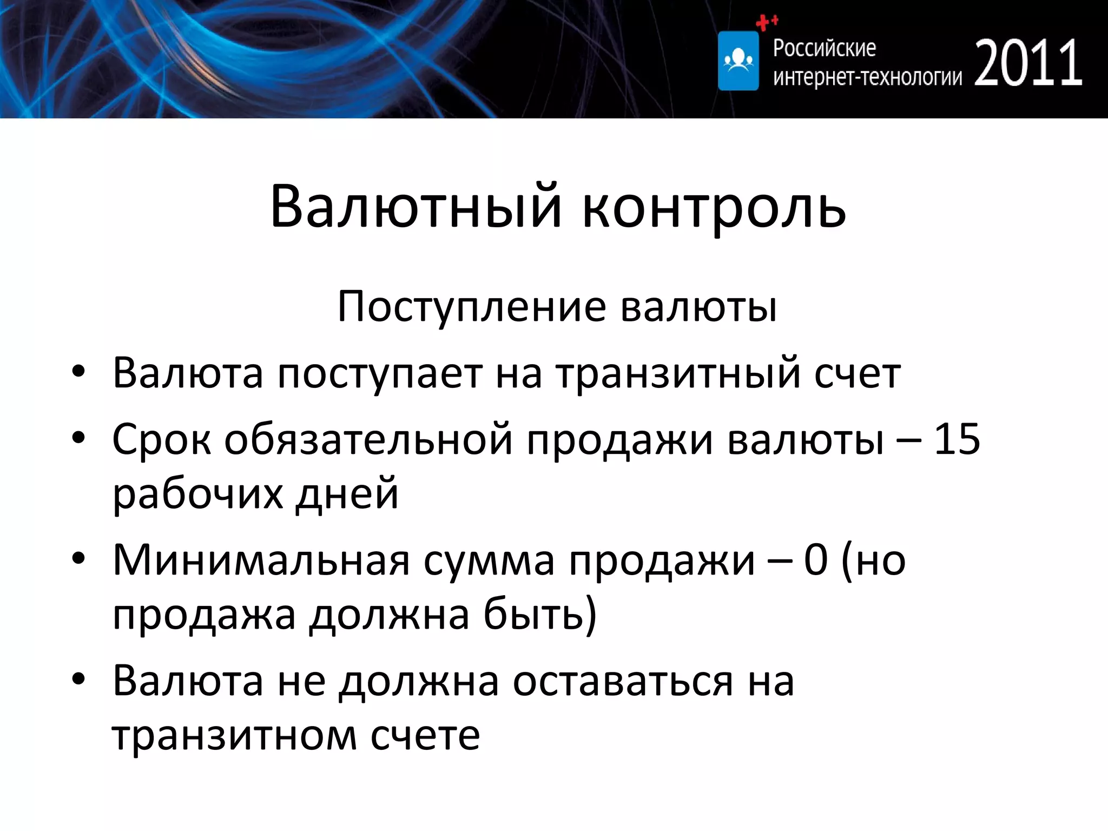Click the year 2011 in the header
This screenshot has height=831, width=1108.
point(1028,63)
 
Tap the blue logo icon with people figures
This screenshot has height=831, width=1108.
point(738,61)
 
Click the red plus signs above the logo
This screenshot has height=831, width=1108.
point(766,22)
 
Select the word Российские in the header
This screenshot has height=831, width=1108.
point(824,48)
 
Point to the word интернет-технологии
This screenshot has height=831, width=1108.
point(867,78)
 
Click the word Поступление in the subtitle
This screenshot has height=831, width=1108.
point(471,307)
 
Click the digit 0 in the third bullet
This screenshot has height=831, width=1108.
point(815,560)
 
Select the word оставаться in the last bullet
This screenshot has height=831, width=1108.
point(623,681)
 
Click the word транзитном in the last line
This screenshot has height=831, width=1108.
point(234,735)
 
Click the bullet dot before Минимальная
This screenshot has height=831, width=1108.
point(78,559)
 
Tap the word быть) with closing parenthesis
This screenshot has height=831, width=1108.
point(539,615)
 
